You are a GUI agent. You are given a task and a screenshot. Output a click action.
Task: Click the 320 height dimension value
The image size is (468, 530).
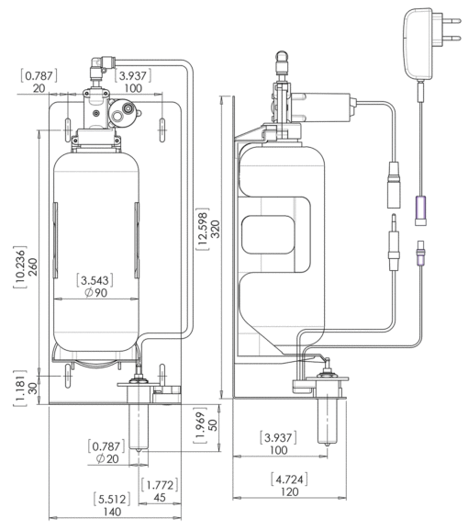pos(215,229)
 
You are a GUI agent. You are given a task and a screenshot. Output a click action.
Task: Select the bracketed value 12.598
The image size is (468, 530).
pos(203,229)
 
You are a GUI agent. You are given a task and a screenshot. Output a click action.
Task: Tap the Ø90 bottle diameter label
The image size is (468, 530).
pos(96,293)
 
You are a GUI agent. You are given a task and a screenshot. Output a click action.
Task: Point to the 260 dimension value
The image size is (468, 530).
pos(33,267)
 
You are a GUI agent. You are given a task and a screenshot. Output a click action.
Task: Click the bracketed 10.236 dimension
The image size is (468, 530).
pos(20,267)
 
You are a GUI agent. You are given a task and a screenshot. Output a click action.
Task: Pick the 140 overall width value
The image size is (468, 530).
pos(112,512)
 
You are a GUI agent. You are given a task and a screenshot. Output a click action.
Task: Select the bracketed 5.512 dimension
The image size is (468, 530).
pos(112,499)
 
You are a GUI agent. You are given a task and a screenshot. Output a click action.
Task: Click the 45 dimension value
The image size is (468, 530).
pos(160,498)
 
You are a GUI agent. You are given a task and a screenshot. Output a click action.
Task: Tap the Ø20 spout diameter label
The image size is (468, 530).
pos(107,459)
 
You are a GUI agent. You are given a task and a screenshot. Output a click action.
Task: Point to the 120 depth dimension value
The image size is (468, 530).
pos(289,491)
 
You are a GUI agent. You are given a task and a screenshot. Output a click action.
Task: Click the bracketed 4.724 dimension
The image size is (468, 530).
pos(289,479)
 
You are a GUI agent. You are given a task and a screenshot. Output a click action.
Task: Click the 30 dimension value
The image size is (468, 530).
pos(33,388)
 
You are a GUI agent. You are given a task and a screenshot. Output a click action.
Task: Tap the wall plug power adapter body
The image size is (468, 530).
pos(419,44)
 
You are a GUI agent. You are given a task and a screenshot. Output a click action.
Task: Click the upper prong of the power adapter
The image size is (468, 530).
pos(448,20)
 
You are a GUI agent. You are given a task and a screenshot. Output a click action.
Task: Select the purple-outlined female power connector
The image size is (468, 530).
pos(420,210)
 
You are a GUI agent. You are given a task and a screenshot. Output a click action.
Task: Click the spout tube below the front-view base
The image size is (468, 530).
pos(139,427)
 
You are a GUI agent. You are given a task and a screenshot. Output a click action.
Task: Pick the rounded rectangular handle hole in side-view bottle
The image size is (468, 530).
pos(269,234)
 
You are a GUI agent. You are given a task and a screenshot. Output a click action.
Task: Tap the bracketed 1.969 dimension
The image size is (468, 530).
pos(201,426)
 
